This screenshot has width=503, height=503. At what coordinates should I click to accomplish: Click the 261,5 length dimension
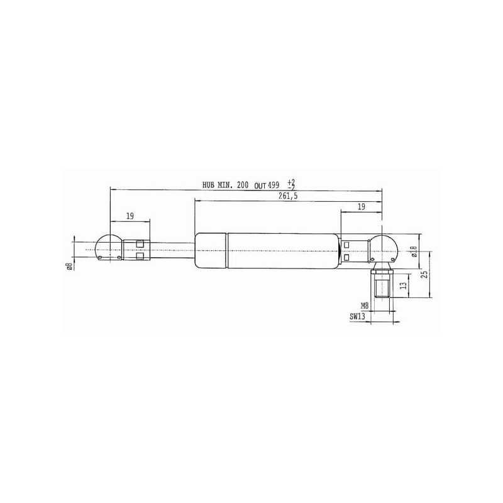click(x=288, y=196)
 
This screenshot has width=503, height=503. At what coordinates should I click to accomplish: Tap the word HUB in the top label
click(x=209, y=185)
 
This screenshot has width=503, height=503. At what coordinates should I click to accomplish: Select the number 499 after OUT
click(x=274, y=185)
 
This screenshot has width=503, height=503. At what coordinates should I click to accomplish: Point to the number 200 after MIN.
click(x=243, y=185)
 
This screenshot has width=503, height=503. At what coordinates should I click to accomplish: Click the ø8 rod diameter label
click(x=69, y=267)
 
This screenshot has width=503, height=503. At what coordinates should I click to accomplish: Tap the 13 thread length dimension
click(x=405, y=284)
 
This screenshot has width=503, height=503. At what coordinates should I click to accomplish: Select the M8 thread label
click(x=365, y=306)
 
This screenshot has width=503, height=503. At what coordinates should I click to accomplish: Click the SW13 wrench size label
click(x=357, y=317)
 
